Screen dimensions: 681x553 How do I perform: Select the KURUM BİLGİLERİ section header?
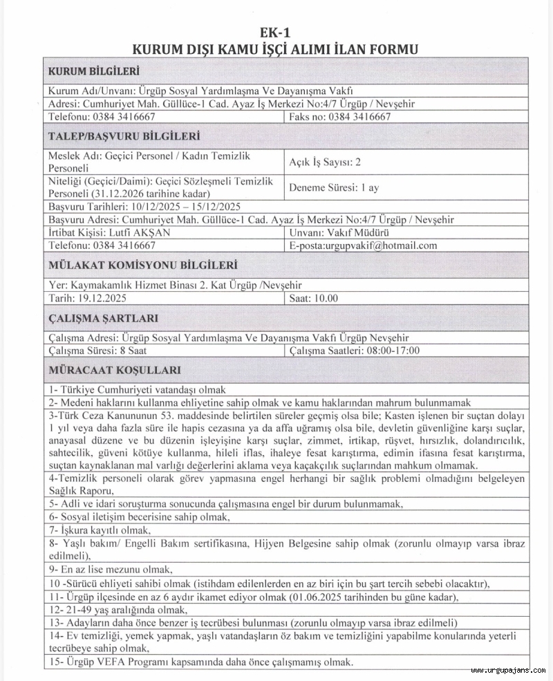pos(93,71)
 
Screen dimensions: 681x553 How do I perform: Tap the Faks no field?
pos(341,117)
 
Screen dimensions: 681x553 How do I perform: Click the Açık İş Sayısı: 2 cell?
pos(325,162)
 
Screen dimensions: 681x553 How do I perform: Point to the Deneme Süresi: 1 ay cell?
pos(334,187)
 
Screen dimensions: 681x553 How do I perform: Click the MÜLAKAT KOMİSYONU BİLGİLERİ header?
pos(142,265)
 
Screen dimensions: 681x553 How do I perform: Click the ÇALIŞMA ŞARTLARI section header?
pos(103,318)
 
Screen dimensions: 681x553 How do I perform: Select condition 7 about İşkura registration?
pos(100,530)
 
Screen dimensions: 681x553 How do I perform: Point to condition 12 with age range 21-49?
pos(118,609)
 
